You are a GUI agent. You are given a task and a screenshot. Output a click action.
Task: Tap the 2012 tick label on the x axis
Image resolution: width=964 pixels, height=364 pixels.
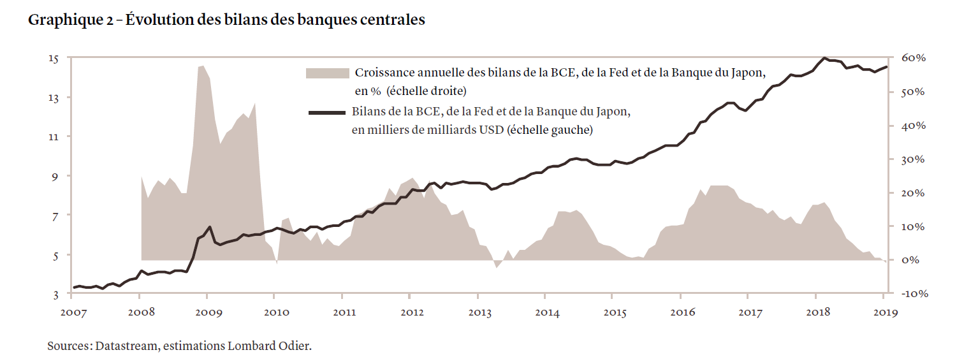point(412,313)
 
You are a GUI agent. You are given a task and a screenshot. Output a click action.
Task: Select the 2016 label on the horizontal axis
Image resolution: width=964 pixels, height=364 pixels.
point(682,313)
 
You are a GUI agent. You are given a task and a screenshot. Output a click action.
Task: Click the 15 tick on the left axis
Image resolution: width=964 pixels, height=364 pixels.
point(54,59)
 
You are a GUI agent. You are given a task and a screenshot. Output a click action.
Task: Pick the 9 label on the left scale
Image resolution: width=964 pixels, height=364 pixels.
point(56,177)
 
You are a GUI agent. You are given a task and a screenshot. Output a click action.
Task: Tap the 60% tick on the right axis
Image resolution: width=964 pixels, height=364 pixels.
point(913,59)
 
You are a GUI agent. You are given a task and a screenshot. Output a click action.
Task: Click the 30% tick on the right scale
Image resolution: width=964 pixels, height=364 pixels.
point(913,159)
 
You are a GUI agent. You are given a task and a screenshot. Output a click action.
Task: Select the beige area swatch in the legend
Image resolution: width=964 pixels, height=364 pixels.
point(328,73)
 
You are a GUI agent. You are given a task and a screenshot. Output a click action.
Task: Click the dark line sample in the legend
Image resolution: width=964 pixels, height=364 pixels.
point(328,113)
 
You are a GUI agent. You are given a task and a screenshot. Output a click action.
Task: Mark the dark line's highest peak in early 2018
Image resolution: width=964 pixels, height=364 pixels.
point(824,58)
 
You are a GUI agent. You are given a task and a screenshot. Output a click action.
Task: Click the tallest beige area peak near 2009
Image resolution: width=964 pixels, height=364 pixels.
point(201,66)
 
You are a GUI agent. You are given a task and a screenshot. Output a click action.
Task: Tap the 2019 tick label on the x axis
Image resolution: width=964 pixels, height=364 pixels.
point(885,313)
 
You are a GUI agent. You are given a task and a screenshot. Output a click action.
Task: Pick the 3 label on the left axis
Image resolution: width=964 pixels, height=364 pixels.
point(56,295)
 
